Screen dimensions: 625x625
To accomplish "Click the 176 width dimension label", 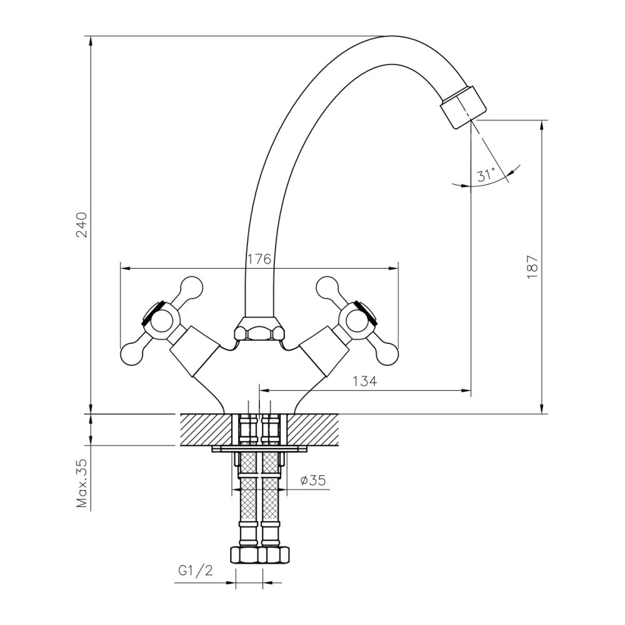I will [x=258, y=259].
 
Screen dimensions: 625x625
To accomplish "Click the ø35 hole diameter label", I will [x=312, y=480].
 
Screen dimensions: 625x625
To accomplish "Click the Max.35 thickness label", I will [x=82, y=484].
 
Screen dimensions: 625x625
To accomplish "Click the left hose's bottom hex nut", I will [x=244, y=554].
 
